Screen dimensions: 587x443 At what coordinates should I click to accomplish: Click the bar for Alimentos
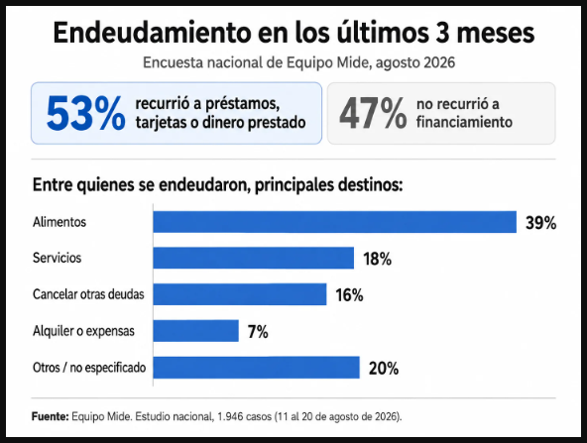coord(335,222)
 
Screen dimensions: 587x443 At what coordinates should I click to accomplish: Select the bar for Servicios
coord(254,258)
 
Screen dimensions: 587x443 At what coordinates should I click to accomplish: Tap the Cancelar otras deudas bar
coord(240,294)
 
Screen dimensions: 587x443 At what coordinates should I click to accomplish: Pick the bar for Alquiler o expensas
coord(195,331)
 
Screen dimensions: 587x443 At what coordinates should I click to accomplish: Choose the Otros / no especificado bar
coord(257,368)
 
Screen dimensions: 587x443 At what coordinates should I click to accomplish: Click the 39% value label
coord(541,223)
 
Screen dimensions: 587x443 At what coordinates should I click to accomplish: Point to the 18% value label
coord(378,259)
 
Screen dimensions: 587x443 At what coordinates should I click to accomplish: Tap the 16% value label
coord(349,295)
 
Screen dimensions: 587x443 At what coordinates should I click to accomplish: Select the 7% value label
coord(258,332)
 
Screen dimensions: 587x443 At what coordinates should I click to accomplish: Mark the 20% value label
coord(384,369)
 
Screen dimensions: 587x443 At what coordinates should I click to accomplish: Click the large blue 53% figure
coord(85,113)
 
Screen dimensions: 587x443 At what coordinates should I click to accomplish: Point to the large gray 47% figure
coord(373,113)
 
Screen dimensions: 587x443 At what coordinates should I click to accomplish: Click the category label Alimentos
coord(59,222)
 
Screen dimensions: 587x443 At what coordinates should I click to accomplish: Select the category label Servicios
coord(57,258)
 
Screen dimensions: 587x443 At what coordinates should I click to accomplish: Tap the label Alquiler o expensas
coord(83,331)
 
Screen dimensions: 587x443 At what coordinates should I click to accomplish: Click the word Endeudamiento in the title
coord(152,33)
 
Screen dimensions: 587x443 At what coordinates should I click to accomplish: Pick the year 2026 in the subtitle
coord(439,62)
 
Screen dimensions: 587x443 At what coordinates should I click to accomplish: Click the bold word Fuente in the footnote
coord(51,416)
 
